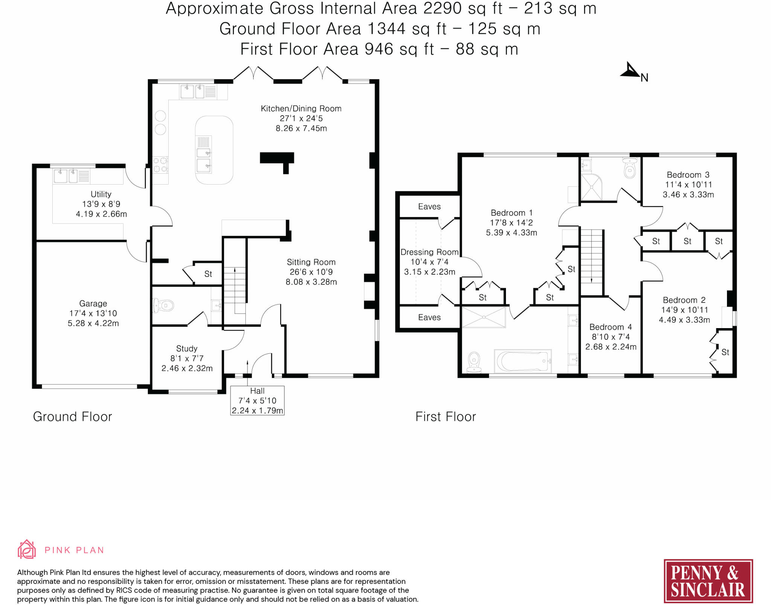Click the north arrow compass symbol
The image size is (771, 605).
(x=631, y=71)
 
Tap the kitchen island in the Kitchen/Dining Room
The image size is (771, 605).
(x=214, y=150)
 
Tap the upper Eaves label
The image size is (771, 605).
(x=429, y=206)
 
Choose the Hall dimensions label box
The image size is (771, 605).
(x=258, y=400)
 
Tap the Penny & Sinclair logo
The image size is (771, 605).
(x=708, y=581)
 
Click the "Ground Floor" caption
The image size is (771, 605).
(x=73, y=417)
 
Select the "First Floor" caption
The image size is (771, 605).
(x=446, y=417)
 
